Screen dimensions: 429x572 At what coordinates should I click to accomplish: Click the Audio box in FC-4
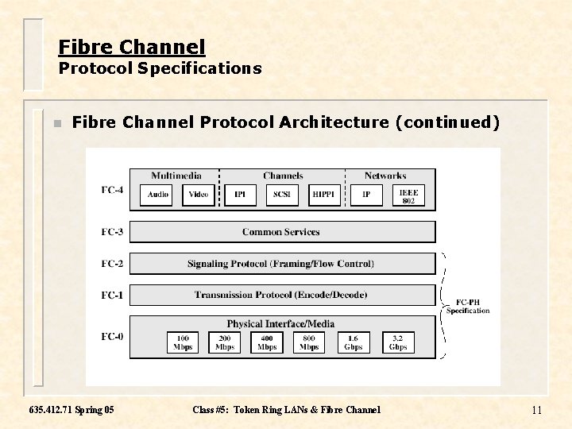(x=158, y=195)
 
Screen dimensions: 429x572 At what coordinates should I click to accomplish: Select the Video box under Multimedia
(x=199, y=195)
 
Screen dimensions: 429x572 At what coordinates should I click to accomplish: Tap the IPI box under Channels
(x=240, y=195)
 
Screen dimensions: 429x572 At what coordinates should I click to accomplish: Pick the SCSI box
(x=281, y=195)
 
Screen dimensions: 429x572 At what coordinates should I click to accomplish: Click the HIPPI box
(x=323, y=195)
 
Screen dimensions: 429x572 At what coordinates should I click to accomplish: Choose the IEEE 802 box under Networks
(x=408, y=195)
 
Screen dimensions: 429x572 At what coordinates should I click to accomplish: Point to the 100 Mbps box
(x=183, y=342)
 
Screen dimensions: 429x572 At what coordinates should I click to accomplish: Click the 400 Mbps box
(x=267, y=342)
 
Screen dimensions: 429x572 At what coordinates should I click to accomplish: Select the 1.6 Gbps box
(x=353, y=342)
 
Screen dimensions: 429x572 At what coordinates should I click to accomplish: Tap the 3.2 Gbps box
(x=398, y=342)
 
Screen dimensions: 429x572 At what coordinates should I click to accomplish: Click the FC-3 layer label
(x=112, y=232)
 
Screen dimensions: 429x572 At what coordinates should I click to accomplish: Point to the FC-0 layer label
(x=112, y=337)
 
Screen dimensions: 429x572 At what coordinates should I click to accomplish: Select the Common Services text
(x=281, y=232)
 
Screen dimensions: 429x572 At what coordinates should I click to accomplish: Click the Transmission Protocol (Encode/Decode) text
(x=281, y=295)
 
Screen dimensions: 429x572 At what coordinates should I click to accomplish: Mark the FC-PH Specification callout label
(x=468, y=307)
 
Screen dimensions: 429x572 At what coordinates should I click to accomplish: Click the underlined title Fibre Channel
(x=132, y=47)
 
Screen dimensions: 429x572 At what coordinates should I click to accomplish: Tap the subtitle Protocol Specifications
(x=160, y=68)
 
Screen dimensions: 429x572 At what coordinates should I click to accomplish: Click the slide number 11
(x=536, y=410)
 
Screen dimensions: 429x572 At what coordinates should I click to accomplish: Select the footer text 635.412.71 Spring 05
(x=71, y=410)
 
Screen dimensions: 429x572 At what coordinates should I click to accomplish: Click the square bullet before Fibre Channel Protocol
(x=56, y=123)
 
